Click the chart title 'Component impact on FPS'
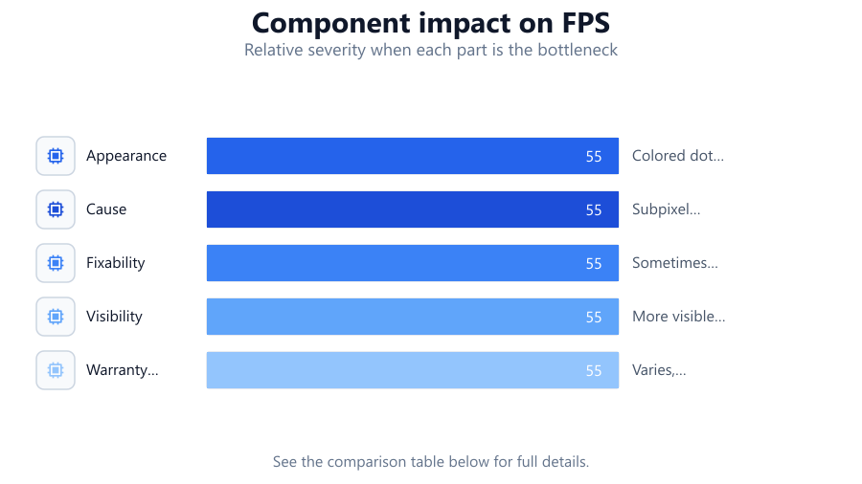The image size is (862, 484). click(431, 23)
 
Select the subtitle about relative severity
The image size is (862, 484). click(431, 50)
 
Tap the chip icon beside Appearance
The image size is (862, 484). click(56, 156)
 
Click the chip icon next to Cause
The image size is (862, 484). click(56, 209)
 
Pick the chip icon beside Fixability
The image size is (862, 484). click(56, 263)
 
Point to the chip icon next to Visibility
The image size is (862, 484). click(56, 317)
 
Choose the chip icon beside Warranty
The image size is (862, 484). click(56, 370)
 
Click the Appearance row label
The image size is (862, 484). click(126, 156)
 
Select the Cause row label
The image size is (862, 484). click(106, 209)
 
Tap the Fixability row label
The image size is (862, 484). click(116, 263)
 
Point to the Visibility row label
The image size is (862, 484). click(114, 317)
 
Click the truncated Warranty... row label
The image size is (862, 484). click(122, 370)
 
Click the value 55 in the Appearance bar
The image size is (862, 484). click(594, 157)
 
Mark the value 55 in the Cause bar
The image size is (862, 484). click(594, 210)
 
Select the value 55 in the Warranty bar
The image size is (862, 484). click(594, 371)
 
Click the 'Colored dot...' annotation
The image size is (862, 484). click(678, 156)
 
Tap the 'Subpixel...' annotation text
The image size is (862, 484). click(667, 209)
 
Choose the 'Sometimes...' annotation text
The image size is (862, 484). click(675, 263)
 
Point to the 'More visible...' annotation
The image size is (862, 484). click(679, 317)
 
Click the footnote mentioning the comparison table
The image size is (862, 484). click(431, 461)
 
